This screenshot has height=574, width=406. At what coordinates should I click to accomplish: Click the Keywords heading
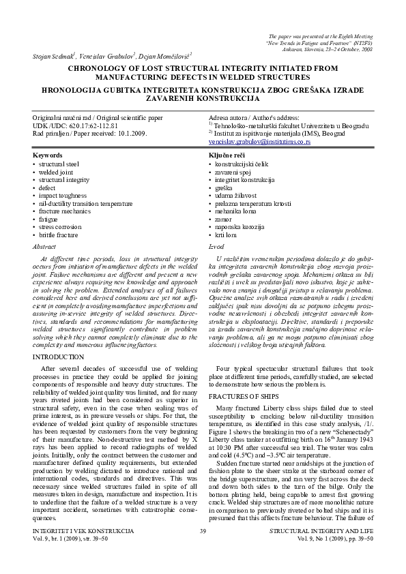pos(48,156)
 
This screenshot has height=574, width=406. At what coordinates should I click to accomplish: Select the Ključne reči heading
pos(227,156)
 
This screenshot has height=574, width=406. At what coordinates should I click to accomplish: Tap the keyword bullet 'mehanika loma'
pos(234,211)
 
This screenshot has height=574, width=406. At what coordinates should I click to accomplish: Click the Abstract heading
pos(45,245)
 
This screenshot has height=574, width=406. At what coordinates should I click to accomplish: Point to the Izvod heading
pos(216,245)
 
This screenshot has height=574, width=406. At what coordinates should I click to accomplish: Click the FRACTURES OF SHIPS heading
pos(244,396)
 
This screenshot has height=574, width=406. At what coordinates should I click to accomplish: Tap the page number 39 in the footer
pos(203,549)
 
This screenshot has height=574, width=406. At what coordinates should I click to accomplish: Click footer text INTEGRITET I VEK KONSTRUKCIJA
pos(79,549)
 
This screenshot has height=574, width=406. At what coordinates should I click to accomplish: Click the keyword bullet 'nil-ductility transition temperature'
pos(86,203)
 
